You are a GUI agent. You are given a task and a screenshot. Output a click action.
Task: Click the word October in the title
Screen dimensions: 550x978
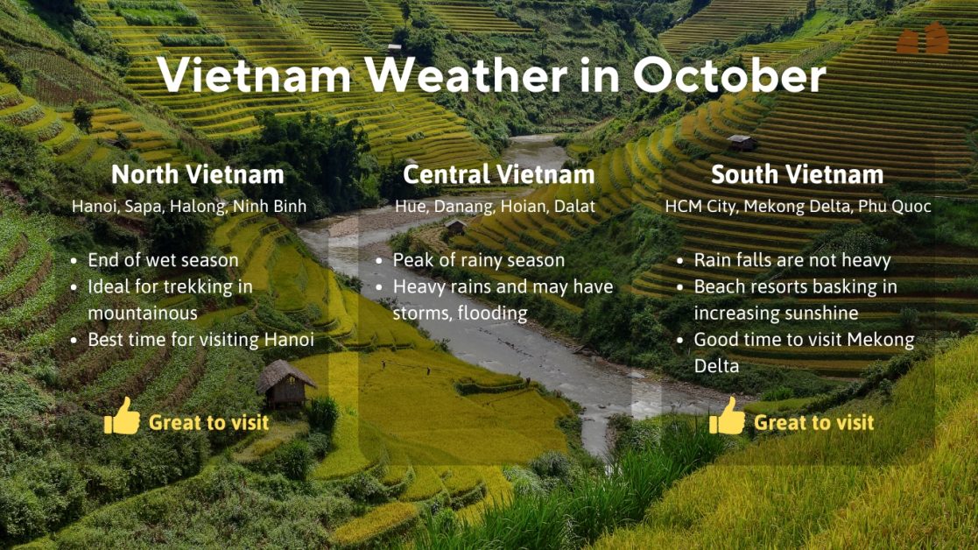coord(729,75)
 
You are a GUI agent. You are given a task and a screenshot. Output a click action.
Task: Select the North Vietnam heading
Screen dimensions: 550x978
coord(198,174)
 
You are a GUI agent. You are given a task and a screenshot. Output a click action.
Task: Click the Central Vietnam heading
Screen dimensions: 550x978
coord(498,174)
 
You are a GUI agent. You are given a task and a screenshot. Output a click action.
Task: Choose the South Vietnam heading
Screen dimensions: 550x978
coord(798,174)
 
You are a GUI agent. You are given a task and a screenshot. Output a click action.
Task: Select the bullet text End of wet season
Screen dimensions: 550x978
coord(163,260)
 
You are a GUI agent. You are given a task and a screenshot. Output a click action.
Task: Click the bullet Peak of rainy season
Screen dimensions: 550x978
coord(479,260)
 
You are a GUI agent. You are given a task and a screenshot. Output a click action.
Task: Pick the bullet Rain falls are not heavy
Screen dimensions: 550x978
coord(792,260)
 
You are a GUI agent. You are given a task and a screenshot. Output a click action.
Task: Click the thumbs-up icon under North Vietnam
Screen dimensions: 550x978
coord(122,417)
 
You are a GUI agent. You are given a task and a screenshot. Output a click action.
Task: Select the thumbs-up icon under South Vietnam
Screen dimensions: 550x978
coord(727,417)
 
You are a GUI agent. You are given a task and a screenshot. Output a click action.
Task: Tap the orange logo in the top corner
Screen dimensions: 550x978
coord(922,39)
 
